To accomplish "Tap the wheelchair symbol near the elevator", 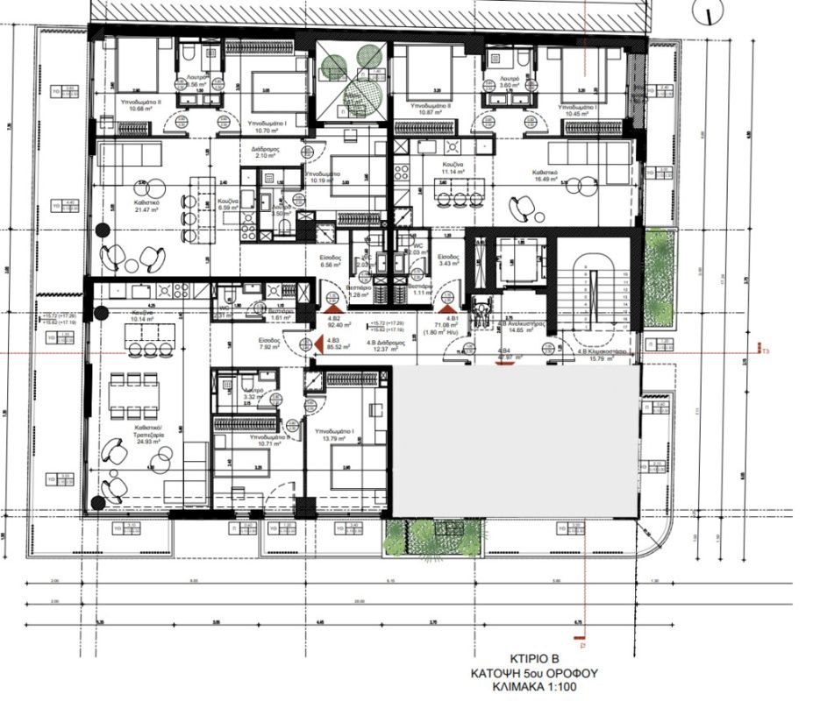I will pos(481,308).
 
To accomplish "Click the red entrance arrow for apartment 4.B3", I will pos(307,343).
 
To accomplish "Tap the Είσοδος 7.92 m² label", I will pos(268,343).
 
